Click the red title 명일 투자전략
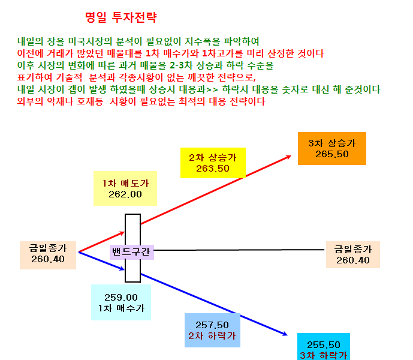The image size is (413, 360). point(121,17)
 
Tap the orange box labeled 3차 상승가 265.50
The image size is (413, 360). point(332,148)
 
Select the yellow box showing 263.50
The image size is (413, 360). point(213,163)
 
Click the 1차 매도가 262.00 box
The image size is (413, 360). point(125,188)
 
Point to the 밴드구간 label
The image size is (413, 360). point(132,252)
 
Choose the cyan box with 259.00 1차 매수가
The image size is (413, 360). point(121,302)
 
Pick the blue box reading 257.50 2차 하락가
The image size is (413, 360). point(212,330)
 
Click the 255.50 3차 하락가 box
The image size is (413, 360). point(324,347)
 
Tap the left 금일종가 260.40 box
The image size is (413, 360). point(48,255)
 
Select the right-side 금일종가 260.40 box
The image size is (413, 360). point(353,254)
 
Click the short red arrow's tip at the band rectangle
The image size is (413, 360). point(124,232)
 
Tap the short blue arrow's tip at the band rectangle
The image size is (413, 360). point(124,269)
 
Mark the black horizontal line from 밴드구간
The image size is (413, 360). point(239,250)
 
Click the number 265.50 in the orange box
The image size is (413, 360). point(332,154)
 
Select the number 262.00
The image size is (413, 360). point(125,194)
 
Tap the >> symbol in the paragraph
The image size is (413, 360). point(212,89)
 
